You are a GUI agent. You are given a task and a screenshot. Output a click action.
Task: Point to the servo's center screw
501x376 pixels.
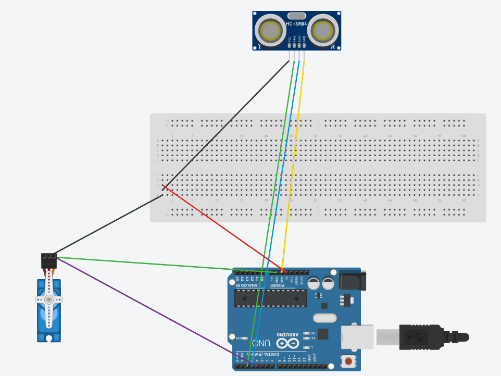click(x=49, y=299)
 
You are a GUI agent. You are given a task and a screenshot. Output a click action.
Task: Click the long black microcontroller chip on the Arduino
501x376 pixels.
click(x=270, y=297)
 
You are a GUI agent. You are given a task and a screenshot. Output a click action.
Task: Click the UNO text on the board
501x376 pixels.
click(x=262, y=343)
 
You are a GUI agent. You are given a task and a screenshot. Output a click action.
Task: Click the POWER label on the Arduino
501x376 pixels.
click(x=281, y=285)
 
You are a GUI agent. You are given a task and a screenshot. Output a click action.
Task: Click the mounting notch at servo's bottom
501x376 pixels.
click(x=49, y=339)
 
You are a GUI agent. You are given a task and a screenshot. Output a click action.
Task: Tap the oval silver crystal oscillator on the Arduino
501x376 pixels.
click(x=324, y=318)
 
